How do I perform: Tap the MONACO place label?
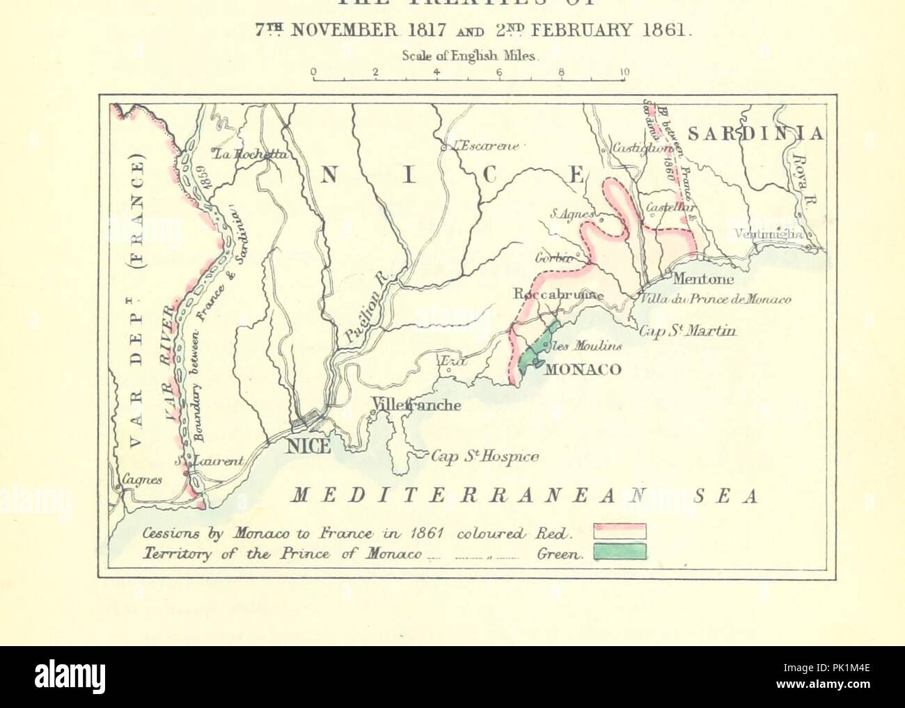point(582,369)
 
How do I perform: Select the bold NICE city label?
point(308,446)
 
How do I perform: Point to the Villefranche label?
point(416,405)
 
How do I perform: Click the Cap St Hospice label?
point(485,457)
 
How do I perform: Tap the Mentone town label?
point(703,279)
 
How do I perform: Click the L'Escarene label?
point(487,146)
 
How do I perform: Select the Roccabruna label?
point(556,294)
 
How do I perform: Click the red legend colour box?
point(620,532)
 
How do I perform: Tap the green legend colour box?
point(620,552)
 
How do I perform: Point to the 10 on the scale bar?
point(624,71)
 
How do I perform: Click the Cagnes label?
point(142,479)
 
